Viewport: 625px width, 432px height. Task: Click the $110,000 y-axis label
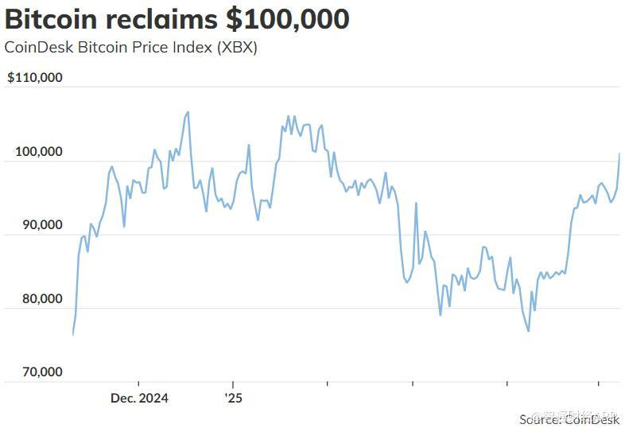pos(35,78)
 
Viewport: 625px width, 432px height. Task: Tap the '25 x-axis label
pos(232,397)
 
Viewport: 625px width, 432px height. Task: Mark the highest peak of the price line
pos(188,112)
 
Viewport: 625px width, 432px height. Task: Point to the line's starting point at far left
pos(72,334)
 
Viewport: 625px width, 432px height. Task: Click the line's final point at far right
pos(619,154)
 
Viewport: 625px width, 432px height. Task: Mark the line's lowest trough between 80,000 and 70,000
pos(528,331)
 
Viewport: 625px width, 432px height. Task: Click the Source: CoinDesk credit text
pos(569,418)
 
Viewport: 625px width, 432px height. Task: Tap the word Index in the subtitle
pos(182,47)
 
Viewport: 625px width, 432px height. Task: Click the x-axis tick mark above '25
pos(232,385)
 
